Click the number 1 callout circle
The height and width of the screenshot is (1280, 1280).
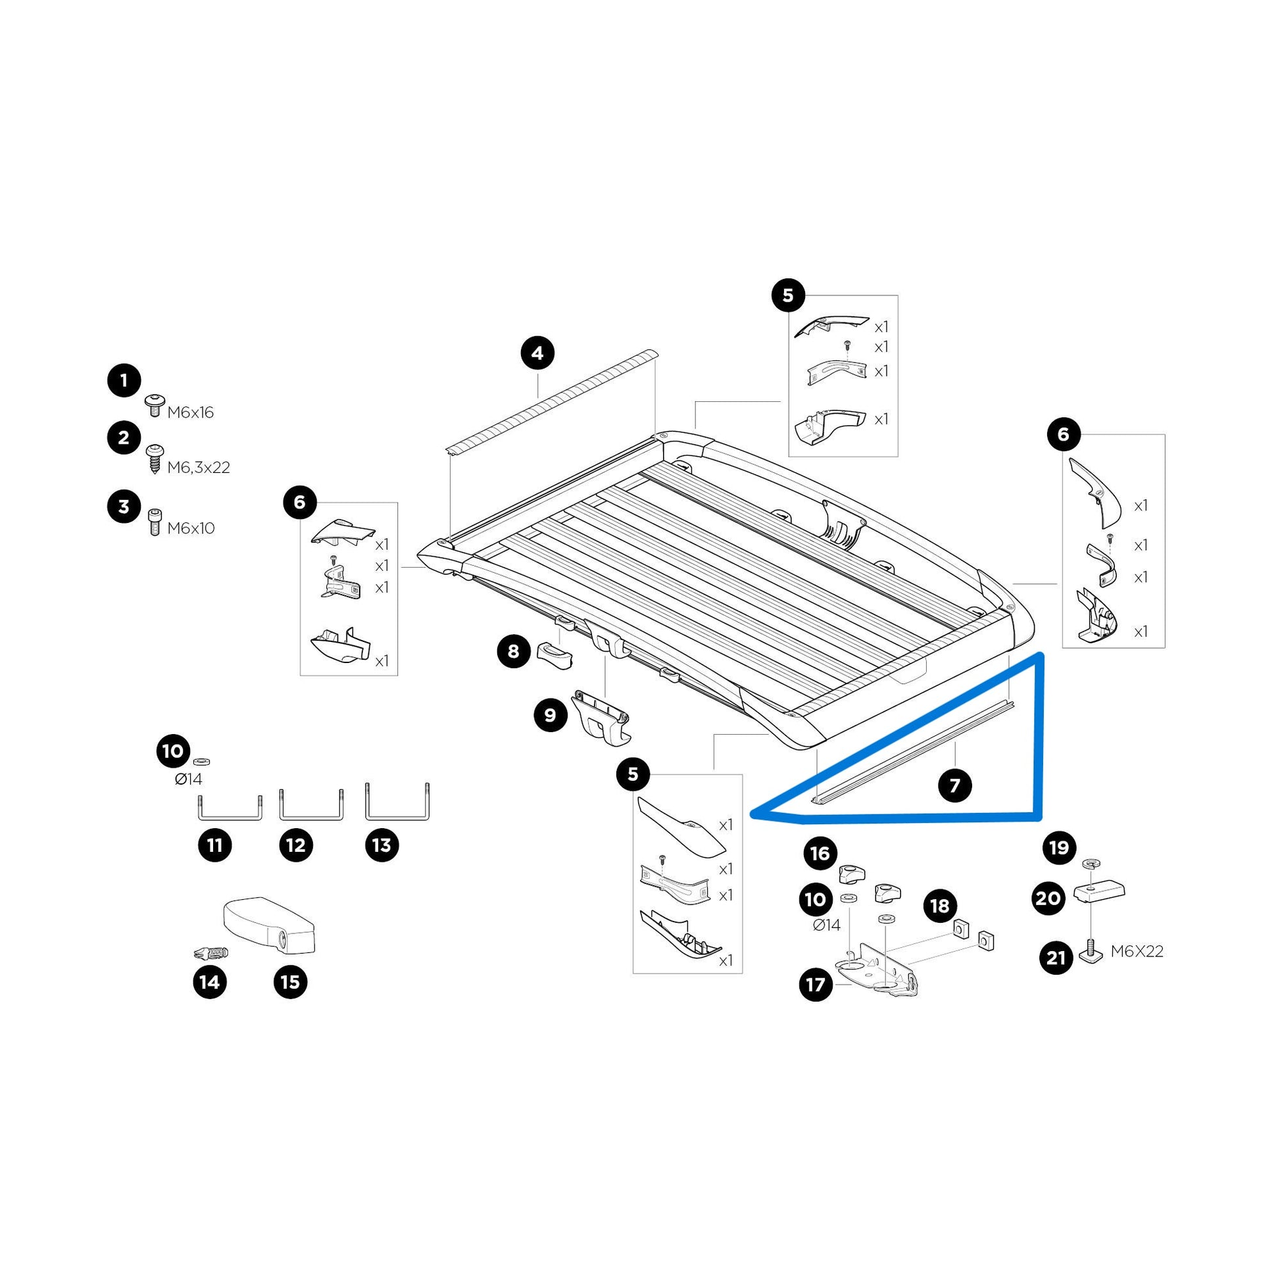tap(124, 381)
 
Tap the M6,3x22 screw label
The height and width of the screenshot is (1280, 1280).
tap(198, 468)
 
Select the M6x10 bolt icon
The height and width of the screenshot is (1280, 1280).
tap(155, 523)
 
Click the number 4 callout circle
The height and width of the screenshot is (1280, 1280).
tap(537, 353)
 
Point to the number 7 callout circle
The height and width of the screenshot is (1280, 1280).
tap(954, 786)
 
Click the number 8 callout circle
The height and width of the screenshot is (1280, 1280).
tap(514, 652)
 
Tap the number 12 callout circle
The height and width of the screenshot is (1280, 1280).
tap(296, 845)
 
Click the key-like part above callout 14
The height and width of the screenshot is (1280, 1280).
tap(210, 953)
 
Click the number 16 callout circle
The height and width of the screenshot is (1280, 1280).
tap(820, 853)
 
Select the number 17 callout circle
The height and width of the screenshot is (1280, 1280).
tap(816, 985)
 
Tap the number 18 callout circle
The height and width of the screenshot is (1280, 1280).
tap(940, 906)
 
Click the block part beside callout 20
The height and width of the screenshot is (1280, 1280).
tap(1100, 893)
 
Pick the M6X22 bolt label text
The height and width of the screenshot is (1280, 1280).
tap(1137, 951)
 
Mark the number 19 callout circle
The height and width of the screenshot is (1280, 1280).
tap(1060, 847)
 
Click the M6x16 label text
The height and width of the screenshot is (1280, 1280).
tap(190, 413)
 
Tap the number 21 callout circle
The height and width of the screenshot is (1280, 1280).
tap(1056, 957)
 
